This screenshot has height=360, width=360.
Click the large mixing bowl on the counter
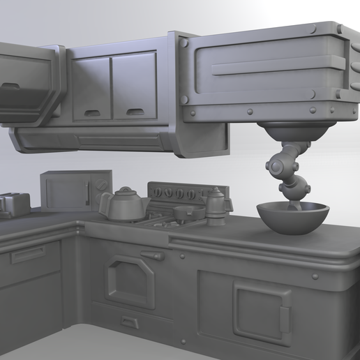[292, 218]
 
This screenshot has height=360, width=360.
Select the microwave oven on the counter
[75, 190]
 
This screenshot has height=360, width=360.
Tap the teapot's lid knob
[126, 190]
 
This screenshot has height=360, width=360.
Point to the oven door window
[130, 282]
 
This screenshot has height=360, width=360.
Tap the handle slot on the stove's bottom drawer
[130, 322]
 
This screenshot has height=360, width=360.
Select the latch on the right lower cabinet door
[284, 318]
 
